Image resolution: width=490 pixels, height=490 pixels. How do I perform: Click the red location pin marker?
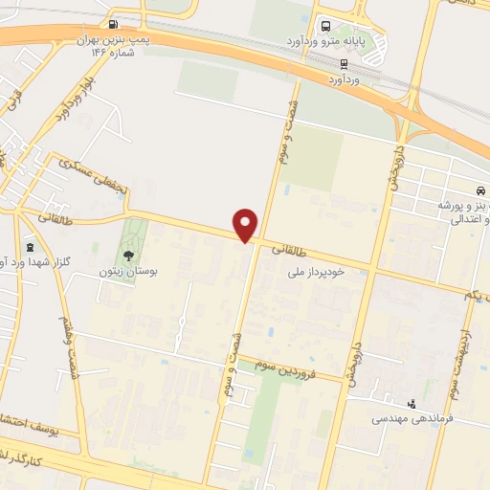pyautogui.click(x=246, y=224)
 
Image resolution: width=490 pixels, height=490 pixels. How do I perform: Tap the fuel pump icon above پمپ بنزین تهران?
pyautogui.click(x=115, y=24)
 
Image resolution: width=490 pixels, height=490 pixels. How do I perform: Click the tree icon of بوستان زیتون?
pyautogui.click(x=126, y=255)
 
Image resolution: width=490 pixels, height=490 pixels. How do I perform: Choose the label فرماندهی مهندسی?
pyautogui.click(x=415, y=419)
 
